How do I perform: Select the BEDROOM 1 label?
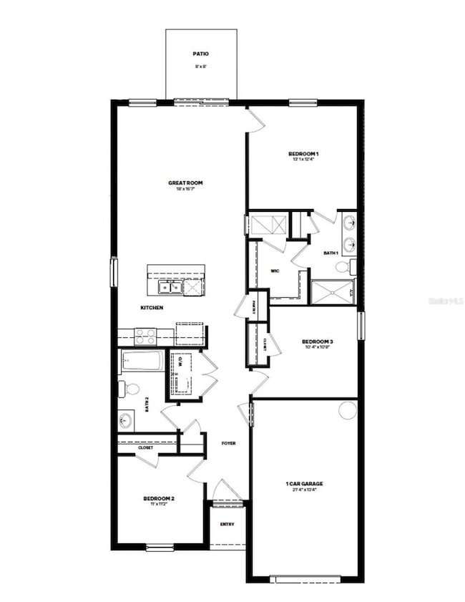coord(303,154)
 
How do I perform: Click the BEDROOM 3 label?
coord(317,342)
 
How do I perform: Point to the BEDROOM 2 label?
coord(159,498)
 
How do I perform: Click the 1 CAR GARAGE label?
coord(304,485)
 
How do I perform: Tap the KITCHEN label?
coord(152,307)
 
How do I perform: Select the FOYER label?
coord(228,443)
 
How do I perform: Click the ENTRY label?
coord(227,524)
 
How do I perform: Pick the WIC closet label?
coord(275,271)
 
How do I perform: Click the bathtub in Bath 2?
coord(143,361)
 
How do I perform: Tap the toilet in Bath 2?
coord(131,389)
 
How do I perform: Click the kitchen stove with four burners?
coord(146,335)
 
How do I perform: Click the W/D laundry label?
coord(180,362)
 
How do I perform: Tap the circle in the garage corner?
coord(348,410)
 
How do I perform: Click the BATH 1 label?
coord(331,253)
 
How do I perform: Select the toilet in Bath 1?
coord(343,267)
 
